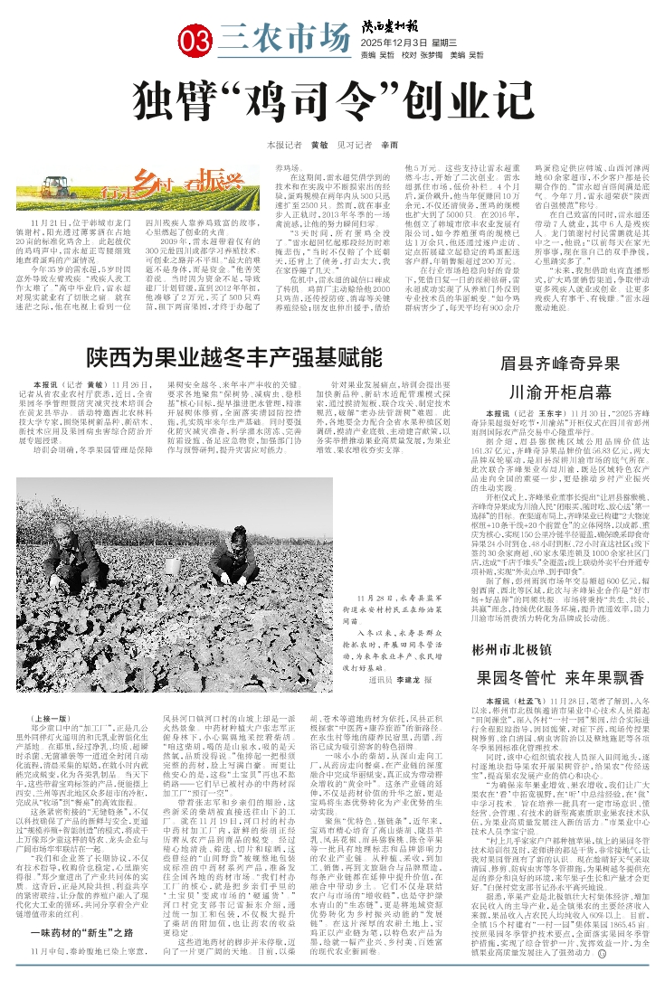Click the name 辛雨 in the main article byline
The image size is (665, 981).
point(389,145)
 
